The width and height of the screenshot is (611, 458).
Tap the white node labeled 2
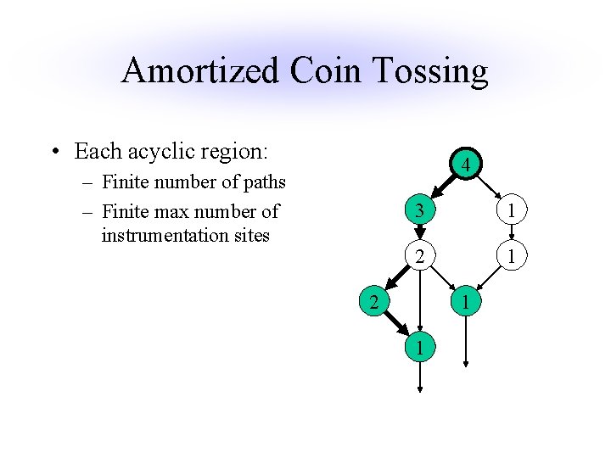pyautogui.click(x=419, y=255)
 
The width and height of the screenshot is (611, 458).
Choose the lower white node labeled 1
pyautogui.click(x=512, y=255)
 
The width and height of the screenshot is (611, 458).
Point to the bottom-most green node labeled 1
pyautogui.click(x=419, y=347)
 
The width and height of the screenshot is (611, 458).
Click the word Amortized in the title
pyautogui.click(x=199, y=71)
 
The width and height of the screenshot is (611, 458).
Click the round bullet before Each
pyautogui.click(x=55, y=154)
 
